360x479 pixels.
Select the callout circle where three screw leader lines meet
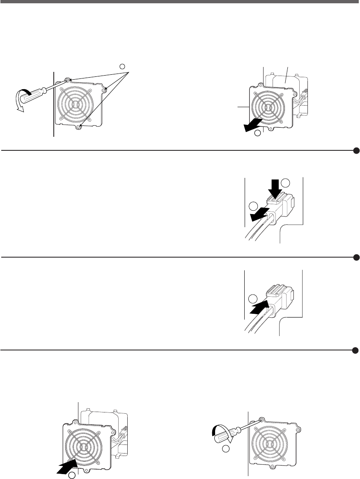122,66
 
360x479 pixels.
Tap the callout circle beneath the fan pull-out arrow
257,134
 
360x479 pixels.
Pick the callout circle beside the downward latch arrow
287,182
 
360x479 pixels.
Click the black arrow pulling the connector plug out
259,215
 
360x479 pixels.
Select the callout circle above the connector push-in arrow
254,299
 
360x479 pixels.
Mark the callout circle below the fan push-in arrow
72,475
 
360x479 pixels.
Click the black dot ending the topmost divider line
356,151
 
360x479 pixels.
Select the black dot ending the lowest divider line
356,350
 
